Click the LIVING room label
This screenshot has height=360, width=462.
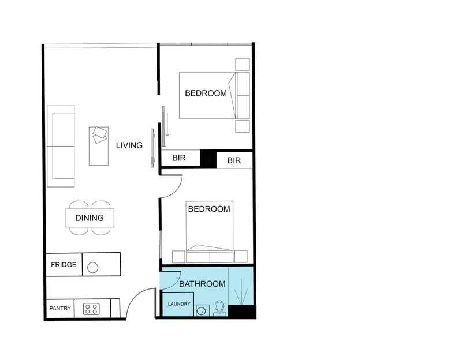pos(129,145)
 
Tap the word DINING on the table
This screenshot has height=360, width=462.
pos(90,218)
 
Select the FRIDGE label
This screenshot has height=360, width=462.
pos(64,265)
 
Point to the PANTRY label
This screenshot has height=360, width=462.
pos(60,309)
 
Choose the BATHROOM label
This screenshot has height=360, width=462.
pos(202,284)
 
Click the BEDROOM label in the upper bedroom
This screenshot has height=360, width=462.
pos(206,93)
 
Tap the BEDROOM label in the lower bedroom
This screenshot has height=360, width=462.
pos(209,209)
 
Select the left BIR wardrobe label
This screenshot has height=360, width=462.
pos(178,160)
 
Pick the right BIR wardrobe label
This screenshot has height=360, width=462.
pos(234,160)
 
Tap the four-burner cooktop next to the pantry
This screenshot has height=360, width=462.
pos(91,309)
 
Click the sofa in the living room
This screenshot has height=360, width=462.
pos(61,147)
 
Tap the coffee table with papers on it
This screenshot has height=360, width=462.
pos(99,145)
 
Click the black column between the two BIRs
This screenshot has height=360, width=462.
pos(208,160)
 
